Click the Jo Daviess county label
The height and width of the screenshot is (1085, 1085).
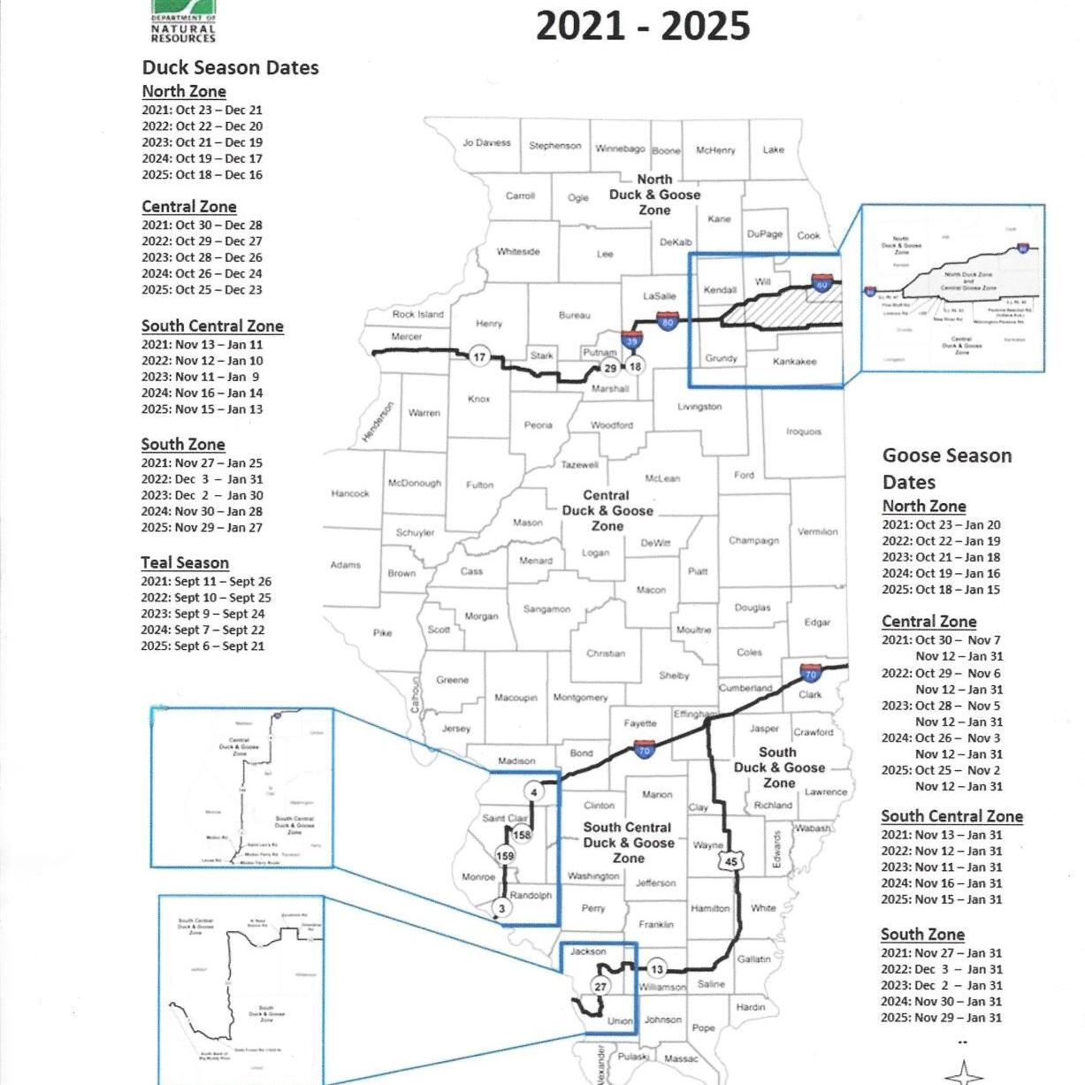pyautogui.click(x=486, y=142)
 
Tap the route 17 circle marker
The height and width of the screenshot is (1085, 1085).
pyautogui.click(x=479, y=357)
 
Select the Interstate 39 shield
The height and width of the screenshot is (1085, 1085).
pyautogui.click(x=630, y=340)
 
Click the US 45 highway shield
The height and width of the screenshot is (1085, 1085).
pyautogui.click(x=730, y=861)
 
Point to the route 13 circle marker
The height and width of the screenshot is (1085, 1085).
pyautogui.click(x=656, y=969)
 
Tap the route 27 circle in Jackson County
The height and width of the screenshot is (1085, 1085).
pyautogui.click(x=600, y=987)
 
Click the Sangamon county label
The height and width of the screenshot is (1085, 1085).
pyautogui.click(x=546, y=609)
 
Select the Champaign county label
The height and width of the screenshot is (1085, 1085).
pyautogui.click(x=753, y=540)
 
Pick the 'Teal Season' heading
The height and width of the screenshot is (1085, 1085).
pyautogui.click(x=185, y=562)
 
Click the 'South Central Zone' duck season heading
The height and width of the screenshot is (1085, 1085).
pyautogui.click(x=212, y=325)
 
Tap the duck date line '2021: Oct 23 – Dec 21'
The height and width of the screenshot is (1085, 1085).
pyautogui.click(x=202, y=110)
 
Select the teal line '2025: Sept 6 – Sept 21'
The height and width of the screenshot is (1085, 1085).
pyautogui.click(x=202, y=646)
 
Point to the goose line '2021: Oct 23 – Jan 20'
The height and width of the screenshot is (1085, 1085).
pyautogui.click(x=941, y=524)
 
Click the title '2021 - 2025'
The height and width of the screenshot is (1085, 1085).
pyautogui.click(x=643, y=26)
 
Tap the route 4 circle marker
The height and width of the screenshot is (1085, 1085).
pyautogui.click(x=533, y=792)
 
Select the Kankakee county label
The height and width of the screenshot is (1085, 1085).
pyautogui.click(x=794, y=361)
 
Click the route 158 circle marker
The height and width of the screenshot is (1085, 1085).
pyautogui.click(x=522, y=835)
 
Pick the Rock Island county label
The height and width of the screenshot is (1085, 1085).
pyautogui.click(x=418, y=314)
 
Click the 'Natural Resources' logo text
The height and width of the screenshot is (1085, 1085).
pyautogui.click(x=183, y=34)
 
